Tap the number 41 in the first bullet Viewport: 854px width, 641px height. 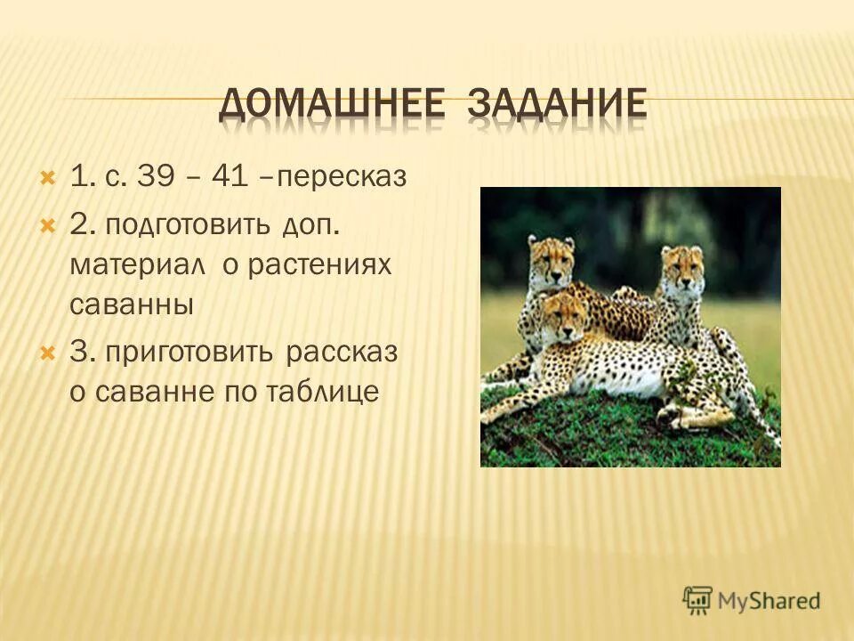pos(230,177)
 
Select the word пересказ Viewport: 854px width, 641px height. pos(341,179)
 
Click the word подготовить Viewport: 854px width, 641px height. pos(188,225)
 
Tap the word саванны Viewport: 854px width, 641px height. pos(131,305)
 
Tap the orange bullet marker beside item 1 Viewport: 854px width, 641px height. pos(48,177)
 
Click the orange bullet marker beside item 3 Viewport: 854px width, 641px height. pos(48,351)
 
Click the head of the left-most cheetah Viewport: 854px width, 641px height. pos(552,258)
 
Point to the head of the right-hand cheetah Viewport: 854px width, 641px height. pos(682,267)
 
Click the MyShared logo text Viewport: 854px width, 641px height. pos(769,600)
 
